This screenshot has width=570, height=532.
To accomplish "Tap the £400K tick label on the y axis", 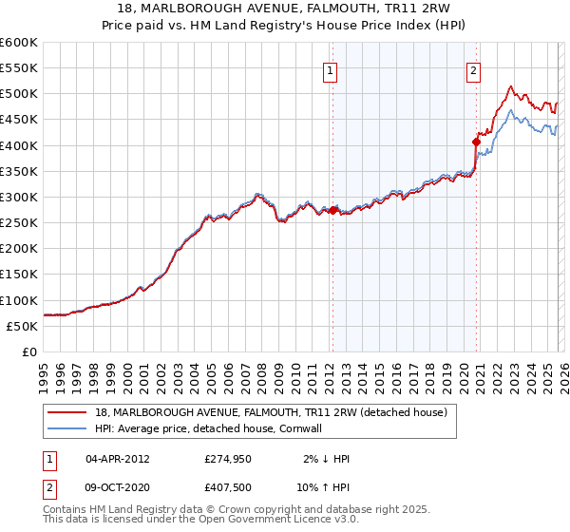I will click(x=18, y=145).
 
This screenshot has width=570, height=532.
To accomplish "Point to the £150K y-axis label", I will click(x=18, y=275).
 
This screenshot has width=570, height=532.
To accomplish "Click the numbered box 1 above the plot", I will click(x=330, y=68).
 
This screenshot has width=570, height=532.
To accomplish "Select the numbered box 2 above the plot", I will click(x=473, y=68).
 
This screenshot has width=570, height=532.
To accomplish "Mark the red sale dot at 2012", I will click(x=332, y=210).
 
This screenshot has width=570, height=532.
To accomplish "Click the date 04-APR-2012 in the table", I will click(x=118, y=459).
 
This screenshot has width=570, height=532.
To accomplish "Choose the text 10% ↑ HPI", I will click(x=327, y=488).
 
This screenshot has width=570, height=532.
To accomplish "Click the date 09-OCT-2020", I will click(x=118, y=488).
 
